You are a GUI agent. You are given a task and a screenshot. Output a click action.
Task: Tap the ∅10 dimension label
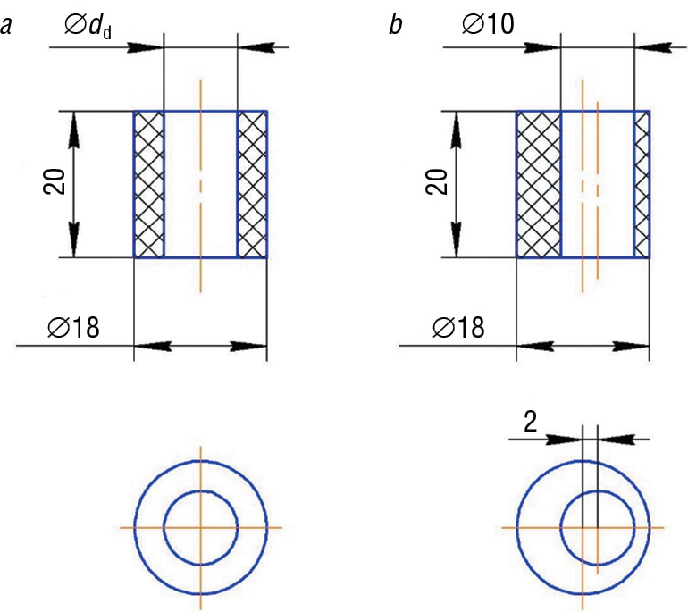[488, 24]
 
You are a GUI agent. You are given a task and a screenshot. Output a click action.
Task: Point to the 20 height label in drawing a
[52, 185]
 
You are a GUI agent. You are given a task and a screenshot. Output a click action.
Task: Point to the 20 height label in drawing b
[436, 185]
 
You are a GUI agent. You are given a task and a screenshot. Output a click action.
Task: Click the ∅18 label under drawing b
[457, 327]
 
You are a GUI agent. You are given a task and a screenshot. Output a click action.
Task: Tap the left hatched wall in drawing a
[149, 185]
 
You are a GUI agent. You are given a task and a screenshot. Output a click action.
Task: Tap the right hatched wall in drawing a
[252, 185]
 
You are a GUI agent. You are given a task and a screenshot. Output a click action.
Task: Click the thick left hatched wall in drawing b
[538, 185]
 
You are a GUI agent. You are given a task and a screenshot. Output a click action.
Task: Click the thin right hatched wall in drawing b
[642, 185]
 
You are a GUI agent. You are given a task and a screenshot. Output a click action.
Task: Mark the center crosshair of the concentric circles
[200, 527]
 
